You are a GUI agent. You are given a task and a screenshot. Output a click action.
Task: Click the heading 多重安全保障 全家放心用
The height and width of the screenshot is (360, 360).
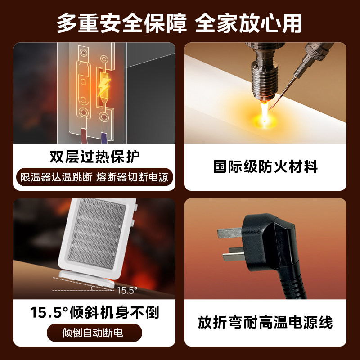(x=180, y=22)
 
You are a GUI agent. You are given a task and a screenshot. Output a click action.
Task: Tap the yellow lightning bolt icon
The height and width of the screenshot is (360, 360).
(x=104, y=86)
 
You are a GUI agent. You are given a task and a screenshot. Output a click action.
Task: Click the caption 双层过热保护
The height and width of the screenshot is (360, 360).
(x=94, y=157)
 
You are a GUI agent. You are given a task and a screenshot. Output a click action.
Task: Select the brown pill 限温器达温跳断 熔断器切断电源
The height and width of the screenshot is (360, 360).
(x=94, y=177)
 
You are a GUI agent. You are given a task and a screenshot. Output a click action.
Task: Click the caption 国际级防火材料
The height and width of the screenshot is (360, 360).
(x=265, y=167)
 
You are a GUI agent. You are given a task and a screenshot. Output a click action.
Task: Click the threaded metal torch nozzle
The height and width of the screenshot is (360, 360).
(x=264, y=72)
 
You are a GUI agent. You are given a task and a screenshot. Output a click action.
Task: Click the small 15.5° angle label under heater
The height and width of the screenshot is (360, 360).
(x=126, y=290)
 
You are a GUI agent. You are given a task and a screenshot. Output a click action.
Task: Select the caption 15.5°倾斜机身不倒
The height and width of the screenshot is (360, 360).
(x=94, y=312)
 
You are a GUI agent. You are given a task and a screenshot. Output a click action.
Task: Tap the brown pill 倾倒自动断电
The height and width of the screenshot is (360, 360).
(x=94, y=333)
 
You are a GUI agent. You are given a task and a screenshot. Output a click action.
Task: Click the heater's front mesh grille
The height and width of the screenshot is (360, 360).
(x=96, y=234)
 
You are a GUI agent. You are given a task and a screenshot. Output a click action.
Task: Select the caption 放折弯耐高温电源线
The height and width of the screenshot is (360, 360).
(x=265, y=322)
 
